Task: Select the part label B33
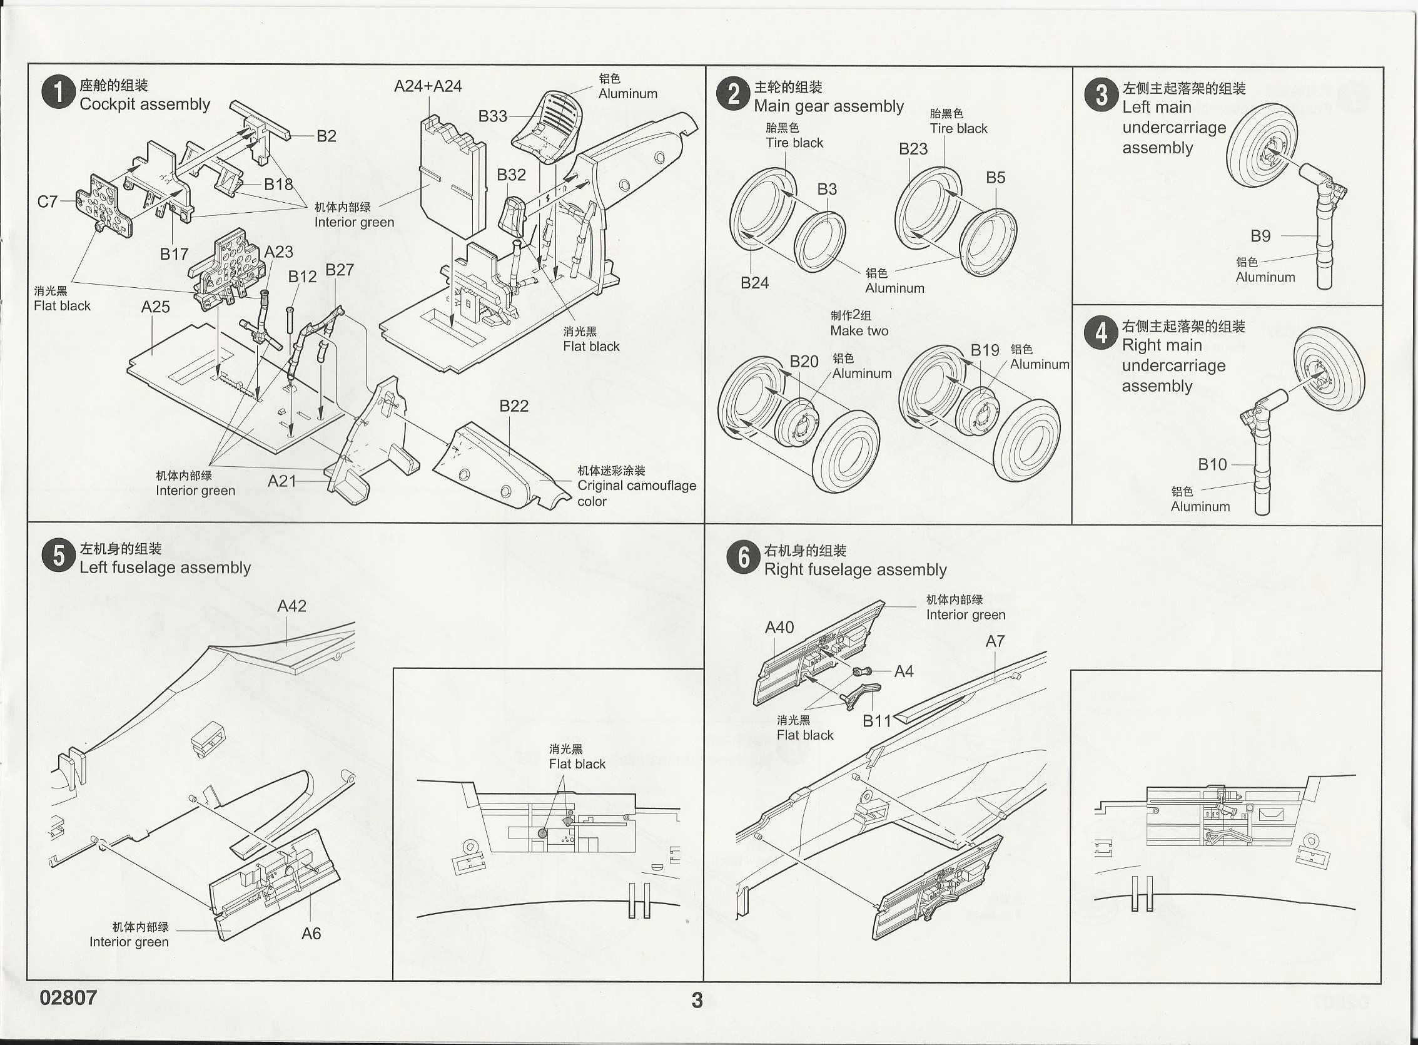pos(492,116)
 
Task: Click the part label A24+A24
pos(428,86)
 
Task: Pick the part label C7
pos(48,201)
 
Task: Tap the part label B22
pos(514,405)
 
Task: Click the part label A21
pos(282,481)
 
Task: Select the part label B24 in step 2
pos(754,283)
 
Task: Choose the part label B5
pos(995,178)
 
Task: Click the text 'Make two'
pos(859,331)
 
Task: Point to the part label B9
pos(1260,236)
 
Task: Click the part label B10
pos(1212,464)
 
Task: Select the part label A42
pos(291,606)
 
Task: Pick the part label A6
pos(311,933)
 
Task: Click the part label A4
pos(903,672)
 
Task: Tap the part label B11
pos(877,720)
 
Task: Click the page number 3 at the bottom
pos(697,1000)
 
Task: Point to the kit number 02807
pos(68,997)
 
